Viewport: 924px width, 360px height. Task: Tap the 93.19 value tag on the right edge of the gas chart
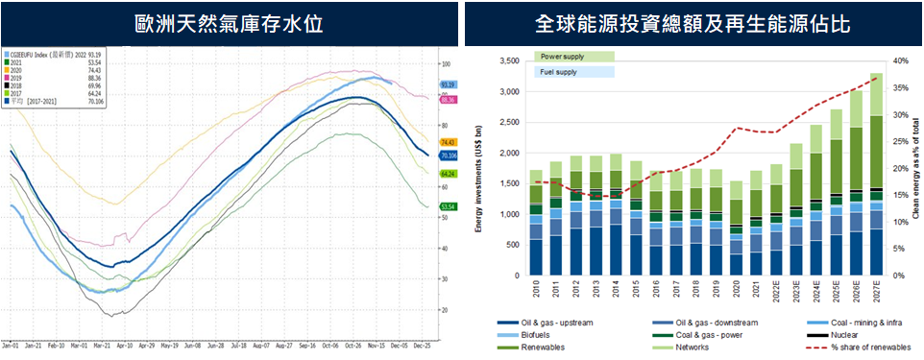(x=447, y=84)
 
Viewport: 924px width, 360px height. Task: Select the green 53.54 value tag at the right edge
(x=447, y=206)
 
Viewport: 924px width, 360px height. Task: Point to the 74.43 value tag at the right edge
(x=447, y=141)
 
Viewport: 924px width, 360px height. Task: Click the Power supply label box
(x=572, y=57)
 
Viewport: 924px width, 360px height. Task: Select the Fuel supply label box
(x=572, y=72)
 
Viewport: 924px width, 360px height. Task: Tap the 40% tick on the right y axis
(x=900, y=60)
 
